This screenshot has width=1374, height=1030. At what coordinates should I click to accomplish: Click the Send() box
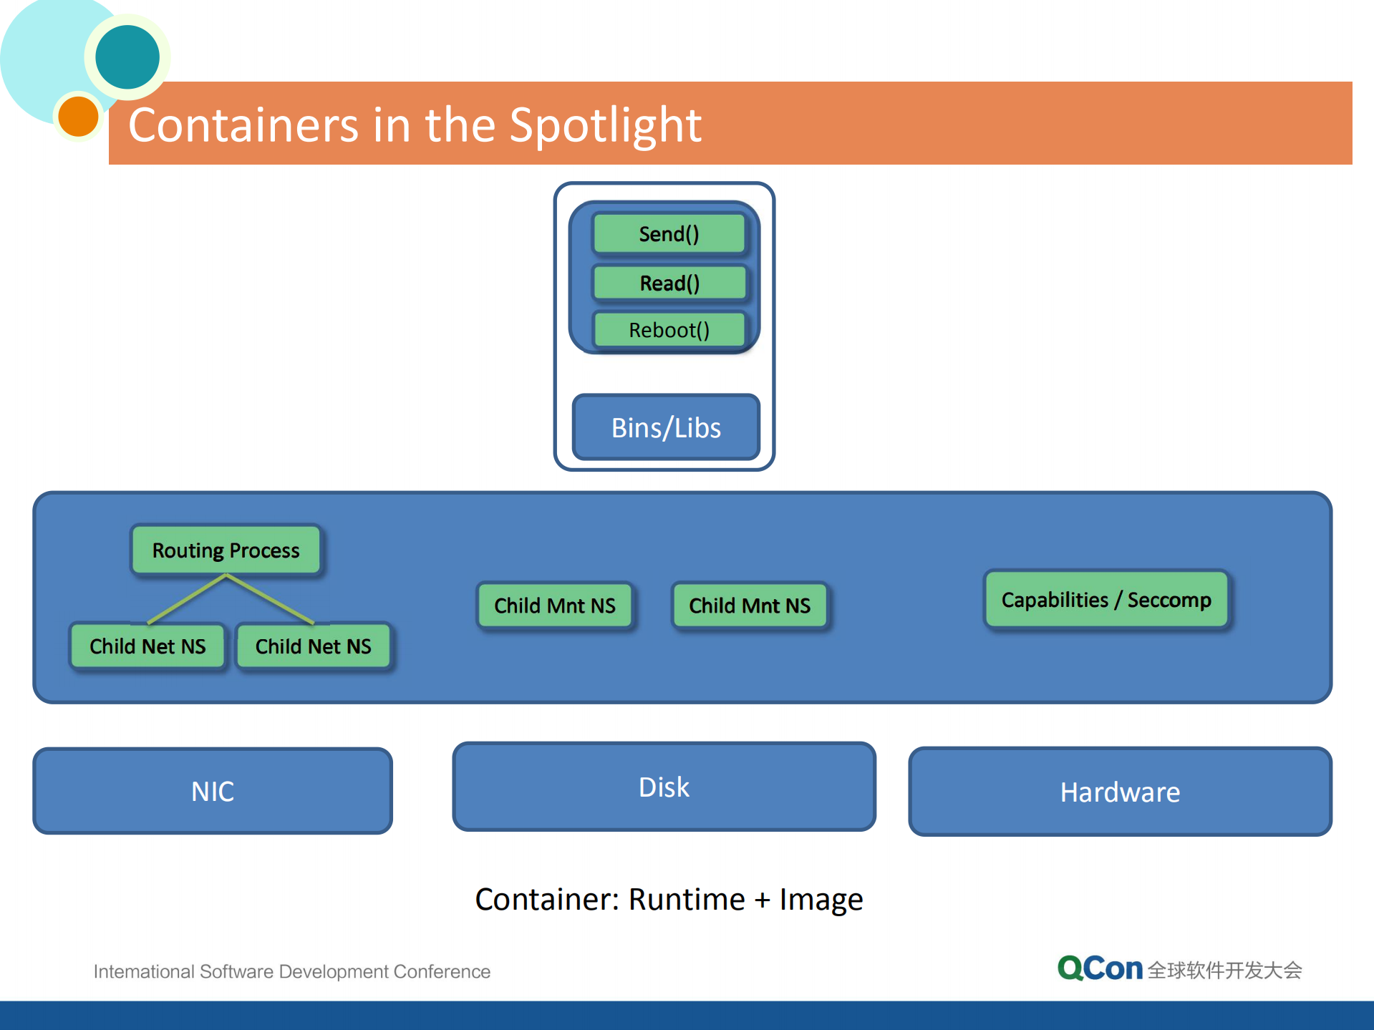669,234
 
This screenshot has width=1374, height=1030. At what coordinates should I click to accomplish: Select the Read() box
669,283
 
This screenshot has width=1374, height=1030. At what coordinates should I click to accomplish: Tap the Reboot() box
669,330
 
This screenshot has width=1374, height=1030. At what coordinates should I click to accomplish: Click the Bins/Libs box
666,427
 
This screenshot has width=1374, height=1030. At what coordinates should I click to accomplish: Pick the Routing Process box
226,550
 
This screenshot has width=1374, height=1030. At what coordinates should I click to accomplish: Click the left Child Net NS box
147,646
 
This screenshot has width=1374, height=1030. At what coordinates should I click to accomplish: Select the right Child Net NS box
314,646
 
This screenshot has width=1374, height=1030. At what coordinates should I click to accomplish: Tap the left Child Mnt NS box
555,606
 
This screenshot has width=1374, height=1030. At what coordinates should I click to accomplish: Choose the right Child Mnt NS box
750,606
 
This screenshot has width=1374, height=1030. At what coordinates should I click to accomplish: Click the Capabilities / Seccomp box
1106,600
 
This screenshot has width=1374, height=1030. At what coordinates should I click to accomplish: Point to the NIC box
213,791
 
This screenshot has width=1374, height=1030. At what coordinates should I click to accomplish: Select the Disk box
664,787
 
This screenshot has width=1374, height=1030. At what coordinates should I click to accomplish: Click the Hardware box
1120,792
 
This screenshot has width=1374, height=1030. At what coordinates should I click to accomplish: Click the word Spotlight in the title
605,125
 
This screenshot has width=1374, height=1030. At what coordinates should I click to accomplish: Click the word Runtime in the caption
687,899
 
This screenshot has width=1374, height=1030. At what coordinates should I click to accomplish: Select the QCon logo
1100,968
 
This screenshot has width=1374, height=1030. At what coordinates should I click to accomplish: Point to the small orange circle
78,116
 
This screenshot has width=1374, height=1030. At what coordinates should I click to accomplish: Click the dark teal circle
127,57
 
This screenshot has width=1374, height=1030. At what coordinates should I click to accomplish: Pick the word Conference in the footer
442,971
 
